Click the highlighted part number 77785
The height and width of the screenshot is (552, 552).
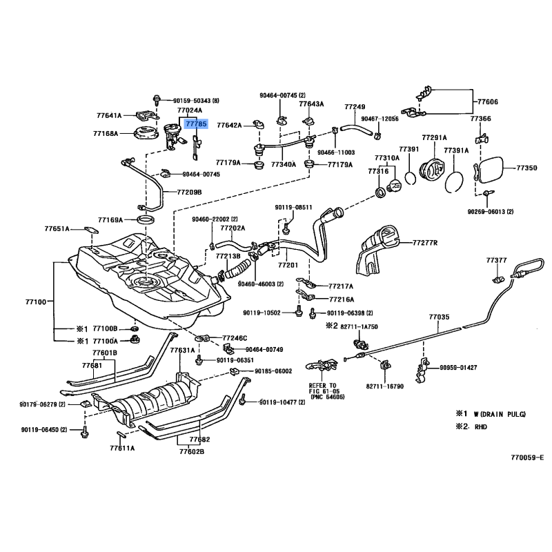(196, 124)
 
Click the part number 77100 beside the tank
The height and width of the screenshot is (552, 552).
(35, 302)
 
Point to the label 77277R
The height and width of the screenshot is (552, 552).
(426, 243)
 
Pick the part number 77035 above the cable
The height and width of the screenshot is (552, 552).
(438, 317)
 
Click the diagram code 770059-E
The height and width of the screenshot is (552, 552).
(527, 457)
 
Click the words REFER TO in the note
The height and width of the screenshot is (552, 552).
(323, 385)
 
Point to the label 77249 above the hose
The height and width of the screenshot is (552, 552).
(355, 107)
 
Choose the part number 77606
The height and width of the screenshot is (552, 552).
(488, 101)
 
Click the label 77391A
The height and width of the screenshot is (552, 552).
(456, 150)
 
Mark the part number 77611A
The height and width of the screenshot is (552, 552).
(123, 448)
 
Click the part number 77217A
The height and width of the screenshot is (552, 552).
(341, 286)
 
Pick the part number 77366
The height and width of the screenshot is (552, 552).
(481, 119)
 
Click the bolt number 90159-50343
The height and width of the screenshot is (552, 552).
(193, 100)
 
